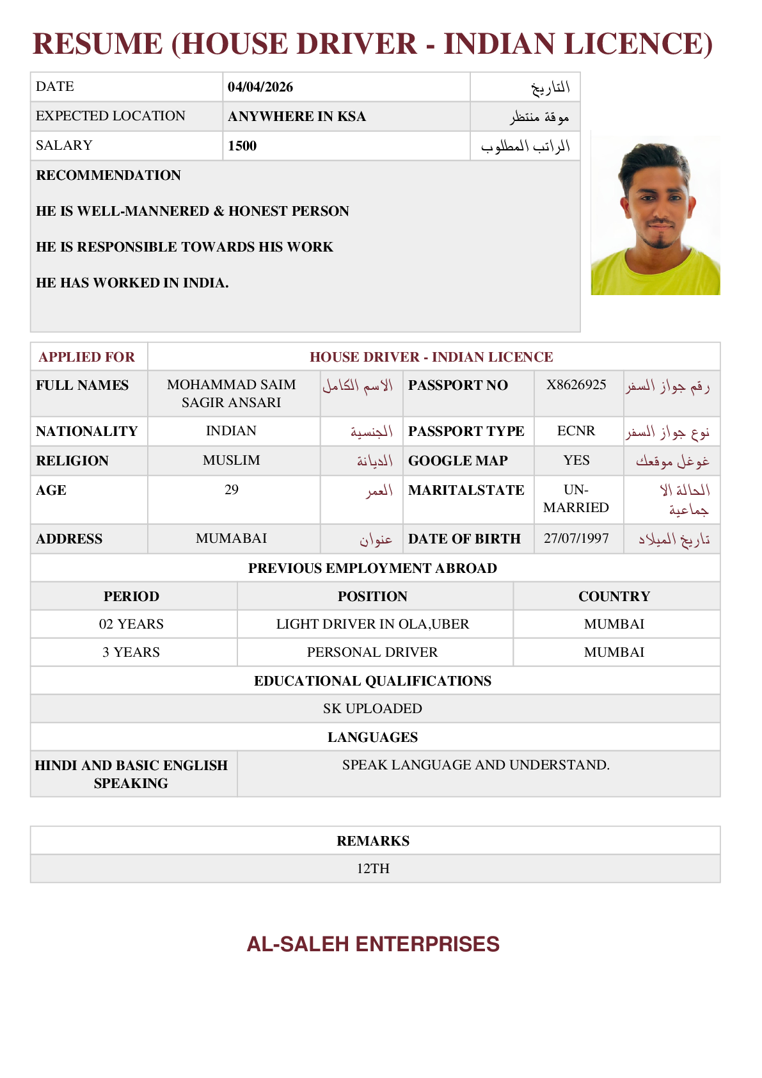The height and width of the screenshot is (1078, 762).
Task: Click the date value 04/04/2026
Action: [260, 87]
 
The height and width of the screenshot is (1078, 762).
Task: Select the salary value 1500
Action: [242, 146]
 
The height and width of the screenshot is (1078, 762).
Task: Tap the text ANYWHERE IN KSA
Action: [297, 117]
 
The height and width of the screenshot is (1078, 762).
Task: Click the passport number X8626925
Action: [576, 385]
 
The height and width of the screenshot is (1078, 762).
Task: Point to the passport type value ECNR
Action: [576, 431]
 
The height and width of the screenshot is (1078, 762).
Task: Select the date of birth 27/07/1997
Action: [576, 538]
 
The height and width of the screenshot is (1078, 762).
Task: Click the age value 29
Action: [232, 490]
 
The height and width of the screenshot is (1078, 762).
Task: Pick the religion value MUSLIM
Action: [232, 460]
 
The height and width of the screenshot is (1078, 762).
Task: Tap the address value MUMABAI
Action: [232, 538]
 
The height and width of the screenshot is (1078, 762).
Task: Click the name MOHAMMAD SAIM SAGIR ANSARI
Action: [232, 393]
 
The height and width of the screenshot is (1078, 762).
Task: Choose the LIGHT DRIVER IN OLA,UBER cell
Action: [372, 624]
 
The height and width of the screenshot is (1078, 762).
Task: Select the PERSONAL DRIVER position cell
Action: [372, 652]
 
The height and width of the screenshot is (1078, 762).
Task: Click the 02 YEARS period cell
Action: [131, 624]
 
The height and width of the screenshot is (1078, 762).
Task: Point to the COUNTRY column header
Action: [614, 597]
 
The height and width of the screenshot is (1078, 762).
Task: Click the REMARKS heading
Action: [373, 841]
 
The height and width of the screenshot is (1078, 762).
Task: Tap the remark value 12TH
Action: [373, 869]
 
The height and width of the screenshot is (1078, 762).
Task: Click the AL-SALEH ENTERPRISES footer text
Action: [373, 944]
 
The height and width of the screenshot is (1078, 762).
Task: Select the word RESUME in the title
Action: [97, 44]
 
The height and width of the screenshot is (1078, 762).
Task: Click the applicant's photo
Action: [655, 215]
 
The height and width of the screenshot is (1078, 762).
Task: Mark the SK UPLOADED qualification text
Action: [372, 709]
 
